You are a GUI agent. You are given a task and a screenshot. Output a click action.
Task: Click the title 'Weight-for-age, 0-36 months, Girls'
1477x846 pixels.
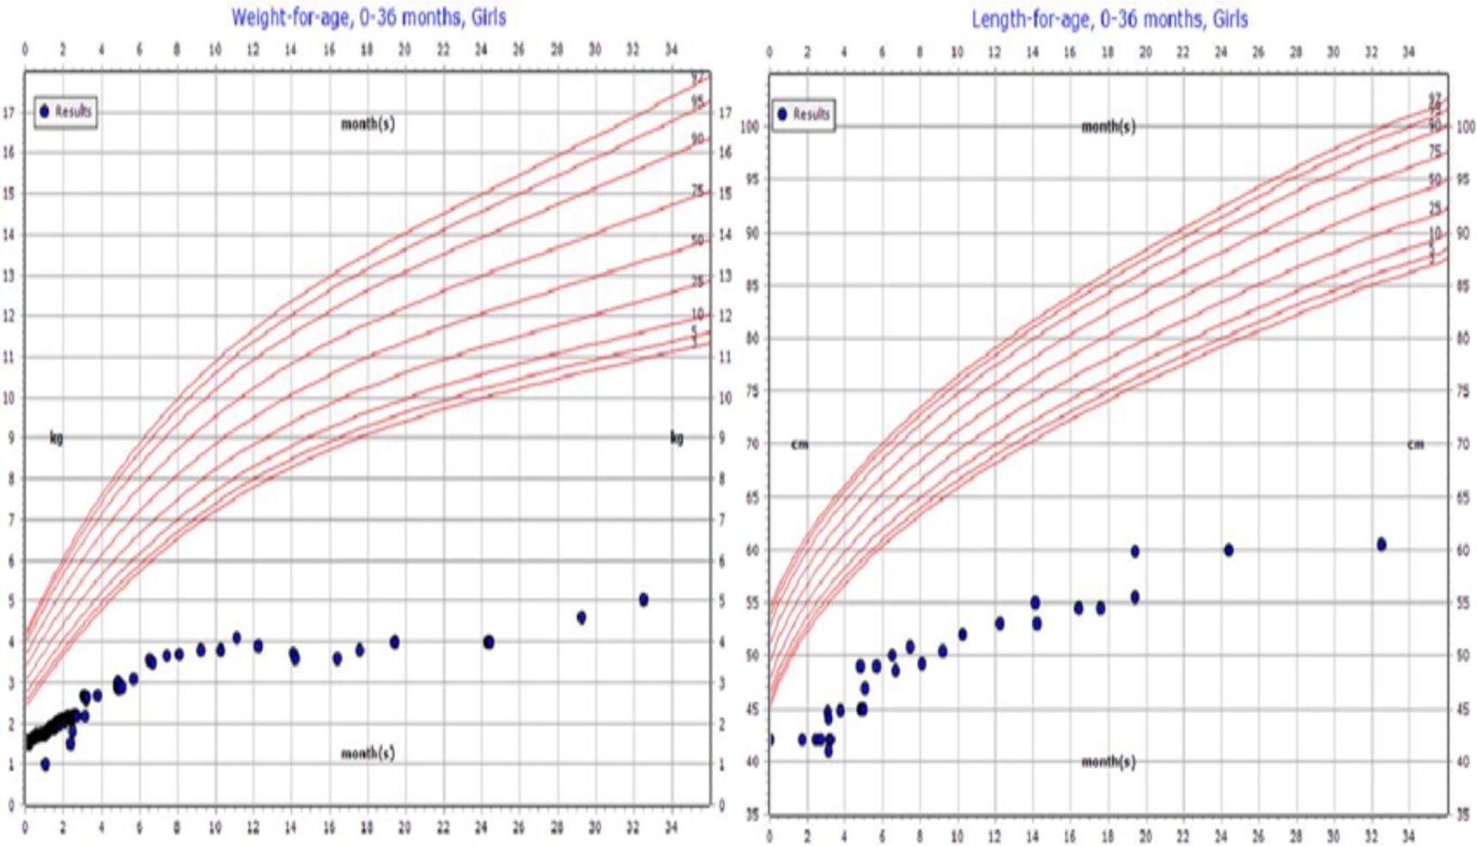coord(368,17)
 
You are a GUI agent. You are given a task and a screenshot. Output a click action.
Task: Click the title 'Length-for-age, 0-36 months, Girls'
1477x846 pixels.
coord(1109,19)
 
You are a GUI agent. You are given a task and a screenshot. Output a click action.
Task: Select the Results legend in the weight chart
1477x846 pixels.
coord(65,112)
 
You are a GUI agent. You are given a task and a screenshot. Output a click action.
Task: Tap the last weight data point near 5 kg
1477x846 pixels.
coord(643,600)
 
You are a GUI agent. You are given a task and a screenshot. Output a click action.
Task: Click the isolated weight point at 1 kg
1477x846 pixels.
coord(45,764)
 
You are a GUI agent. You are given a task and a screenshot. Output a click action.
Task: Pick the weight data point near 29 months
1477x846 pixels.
coord(581,618)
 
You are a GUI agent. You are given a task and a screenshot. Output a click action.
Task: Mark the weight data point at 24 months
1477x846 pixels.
coord(489,642)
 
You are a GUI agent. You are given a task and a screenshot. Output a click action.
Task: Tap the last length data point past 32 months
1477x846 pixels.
coord(1381,544)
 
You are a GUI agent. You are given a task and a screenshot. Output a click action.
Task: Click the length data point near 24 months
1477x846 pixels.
coord(1229,550)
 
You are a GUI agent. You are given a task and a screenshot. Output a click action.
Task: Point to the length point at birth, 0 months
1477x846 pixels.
coord(769,740)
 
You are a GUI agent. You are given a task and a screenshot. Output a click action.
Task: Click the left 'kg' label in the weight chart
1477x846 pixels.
coord(57,438)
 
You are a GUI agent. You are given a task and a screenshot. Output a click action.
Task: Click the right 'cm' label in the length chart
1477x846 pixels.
coord(1415,444)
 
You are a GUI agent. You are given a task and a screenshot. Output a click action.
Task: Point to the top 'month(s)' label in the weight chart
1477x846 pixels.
coord(368,124)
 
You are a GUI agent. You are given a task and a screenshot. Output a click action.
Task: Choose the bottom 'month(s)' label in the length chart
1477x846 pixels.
coord(1108,761)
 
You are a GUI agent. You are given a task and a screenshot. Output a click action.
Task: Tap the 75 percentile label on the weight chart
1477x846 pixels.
coord(697,190)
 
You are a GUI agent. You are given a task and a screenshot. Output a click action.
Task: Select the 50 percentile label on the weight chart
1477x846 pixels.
coord(697,240)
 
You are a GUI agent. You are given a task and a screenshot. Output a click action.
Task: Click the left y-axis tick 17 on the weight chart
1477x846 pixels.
coord(9,112)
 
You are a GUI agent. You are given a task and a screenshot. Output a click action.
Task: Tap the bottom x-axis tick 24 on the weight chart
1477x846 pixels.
coord(481,827)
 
